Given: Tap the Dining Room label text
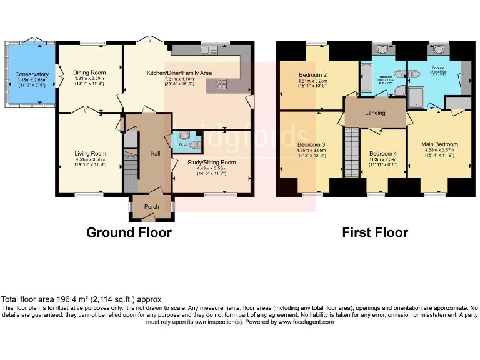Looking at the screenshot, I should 89,72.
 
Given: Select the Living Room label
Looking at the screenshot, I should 90,153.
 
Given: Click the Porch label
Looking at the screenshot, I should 151,206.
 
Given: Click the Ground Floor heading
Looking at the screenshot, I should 129,233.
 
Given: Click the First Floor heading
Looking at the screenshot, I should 374,233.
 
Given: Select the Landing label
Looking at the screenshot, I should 375,113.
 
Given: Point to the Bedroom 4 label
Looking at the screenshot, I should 382,154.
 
